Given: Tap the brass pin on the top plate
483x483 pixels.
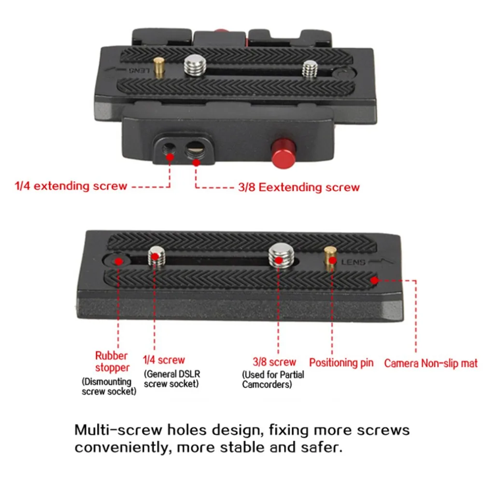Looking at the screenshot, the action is (x=158, y=68).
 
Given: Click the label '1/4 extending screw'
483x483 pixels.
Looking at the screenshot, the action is (x=71, y=186).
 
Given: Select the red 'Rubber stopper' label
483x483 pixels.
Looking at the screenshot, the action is (x=111, y=362).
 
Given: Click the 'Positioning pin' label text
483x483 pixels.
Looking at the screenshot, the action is (x=341, y=363).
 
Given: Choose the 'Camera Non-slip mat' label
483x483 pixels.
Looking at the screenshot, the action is (x=431, y=363).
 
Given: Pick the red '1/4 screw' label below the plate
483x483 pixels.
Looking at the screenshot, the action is (x=164, y=360).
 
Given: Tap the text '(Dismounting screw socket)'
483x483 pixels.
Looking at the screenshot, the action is (x=108, y=386).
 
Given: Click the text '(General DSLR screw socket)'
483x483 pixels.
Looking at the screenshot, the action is (x=171, y=379).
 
